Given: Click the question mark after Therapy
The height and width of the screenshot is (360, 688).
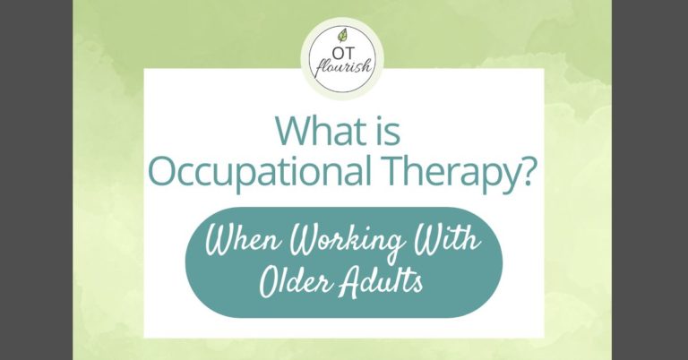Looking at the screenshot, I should (x=531, y=172).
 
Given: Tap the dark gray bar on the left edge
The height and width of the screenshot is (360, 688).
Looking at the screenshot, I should (x=36, y=179).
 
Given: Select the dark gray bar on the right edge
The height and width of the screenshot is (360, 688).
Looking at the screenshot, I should (x=651, y=179).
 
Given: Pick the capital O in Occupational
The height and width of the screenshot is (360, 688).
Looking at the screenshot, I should (x=162, y=173).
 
